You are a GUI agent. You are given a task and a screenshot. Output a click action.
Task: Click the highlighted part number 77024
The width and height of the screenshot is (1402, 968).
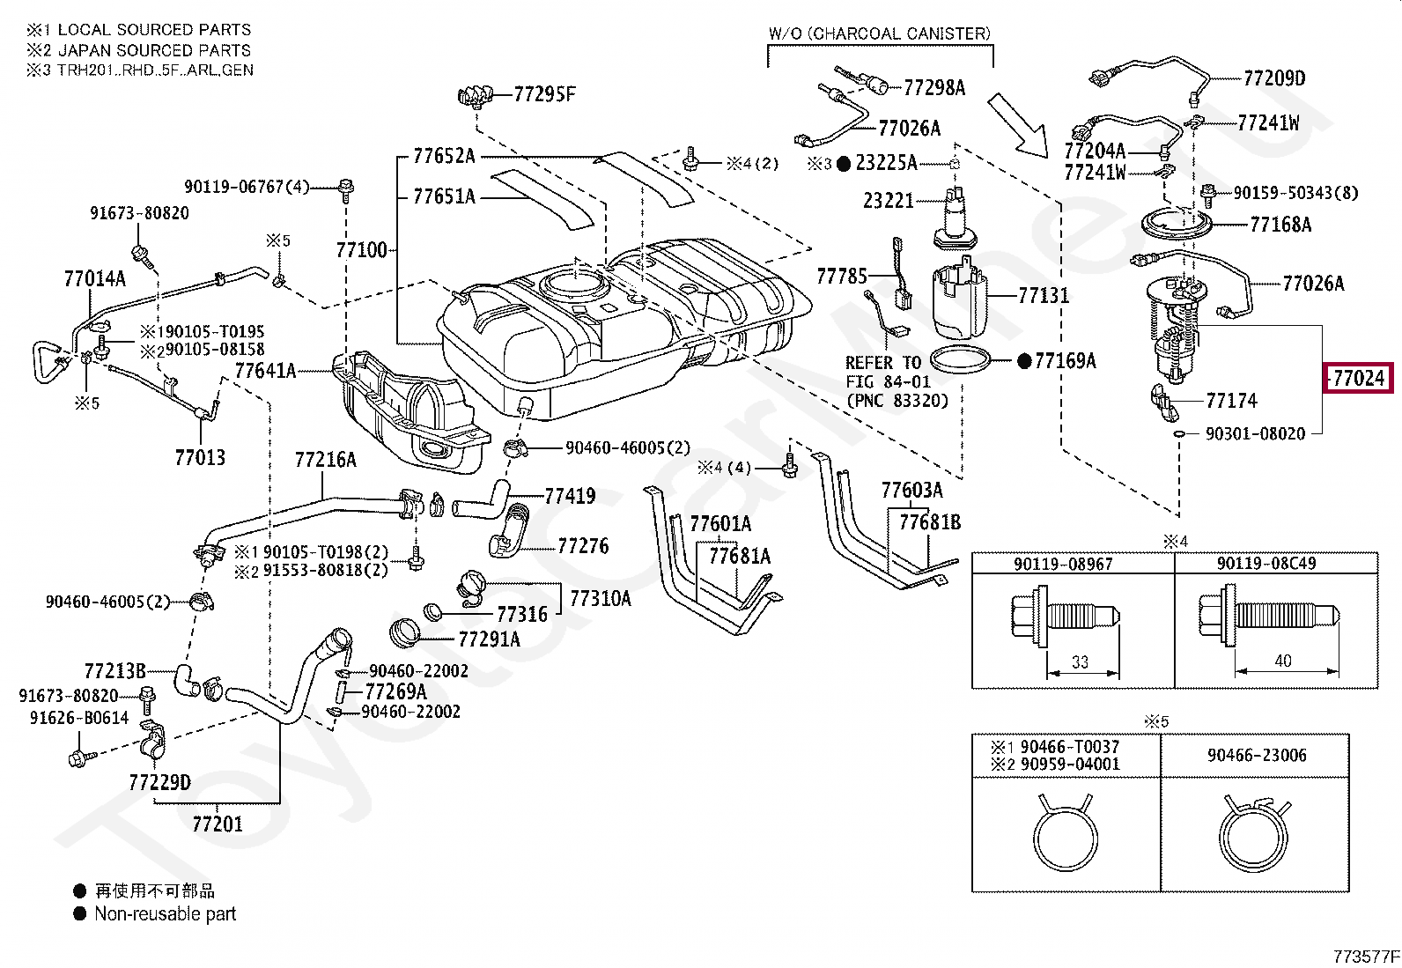(1360, 379)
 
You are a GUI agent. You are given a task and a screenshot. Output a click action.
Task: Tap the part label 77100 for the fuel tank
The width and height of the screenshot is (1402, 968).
(361, 250)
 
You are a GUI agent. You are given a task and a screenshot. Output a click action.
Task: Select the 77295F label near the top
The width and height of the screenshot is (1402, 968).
(544, 93)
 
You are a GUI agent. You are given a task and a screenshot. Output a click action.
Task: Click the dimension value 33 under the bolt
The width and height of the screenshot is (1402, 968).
(1080, 661)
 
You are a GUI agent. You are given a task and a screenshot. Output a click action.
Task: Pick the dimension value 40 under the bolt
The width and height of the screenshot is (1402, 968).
(1282, 661)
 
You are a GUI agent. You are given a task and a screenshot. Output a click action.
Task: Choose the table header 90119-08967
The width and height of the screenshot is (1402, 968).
(1063, 564)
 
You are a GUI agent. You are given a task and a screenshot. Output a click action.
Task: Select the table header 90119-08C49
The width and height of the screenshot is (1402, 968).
(1266, 564)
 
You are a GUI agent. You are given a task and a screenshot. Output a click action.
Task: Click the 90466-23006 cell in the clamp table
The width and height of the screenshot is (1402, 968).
(1257, 755)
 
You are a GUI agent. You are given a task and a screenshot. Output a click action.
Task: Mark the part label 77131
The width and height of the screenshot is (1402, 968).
(1044, 296)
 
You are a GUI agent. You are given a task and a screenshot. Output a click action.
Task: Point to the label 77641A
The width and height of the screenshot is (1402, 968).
(265, 371)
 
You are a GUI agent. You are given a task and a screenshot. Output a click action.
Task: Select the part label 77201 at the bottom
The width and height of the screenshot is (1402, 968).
(217, 824)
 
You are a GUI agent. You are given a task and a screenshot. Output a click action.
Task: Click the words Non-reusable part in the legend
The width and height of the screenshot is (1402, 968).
(166, 914)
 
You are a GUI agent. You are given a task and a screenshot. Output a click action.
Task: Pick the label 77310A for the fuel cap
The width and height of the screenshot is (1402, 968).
(601, 599)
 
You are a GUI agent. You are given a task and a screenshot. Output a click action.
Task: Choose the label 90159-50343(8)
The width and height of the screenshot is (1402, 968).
(1295, 192)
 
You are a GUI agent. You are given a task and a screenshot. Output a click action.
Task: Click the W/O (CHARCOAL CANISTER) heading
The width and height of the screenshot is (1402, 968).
(879, 33)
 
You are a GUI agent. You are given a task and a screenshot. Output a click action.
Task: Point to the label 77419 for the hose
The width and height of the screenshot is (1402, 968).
(570, 496)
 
